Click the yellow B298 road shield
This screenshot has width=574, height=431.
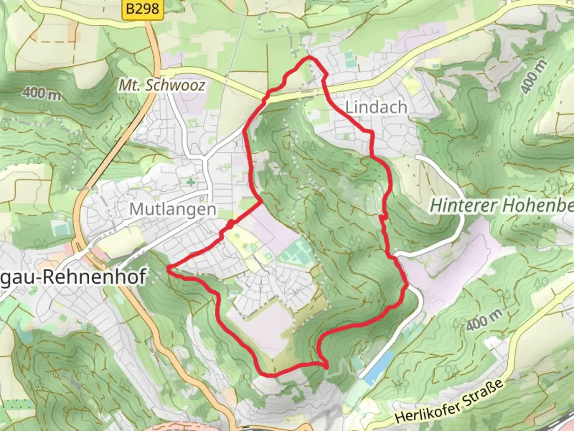pos(143,9)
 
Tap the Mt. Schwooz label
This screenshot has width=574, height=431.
pos(162,85)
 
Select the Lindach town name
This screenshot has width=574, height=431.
pos(376,107)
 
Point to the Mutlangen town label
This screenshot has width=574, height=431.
pos(173,209)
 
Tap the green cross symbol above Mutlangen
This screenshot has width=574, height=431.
pos(191,182)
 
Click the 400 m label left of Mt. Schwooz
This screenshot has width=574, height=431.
pos(41,93)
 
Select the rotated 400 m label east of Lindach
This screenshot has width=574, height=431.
pos(533,77)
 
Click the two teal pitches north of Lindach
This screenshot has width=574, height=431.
pos(350,59)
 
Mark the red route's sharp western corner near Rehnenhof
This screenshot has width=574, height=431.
pos(169,267)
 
